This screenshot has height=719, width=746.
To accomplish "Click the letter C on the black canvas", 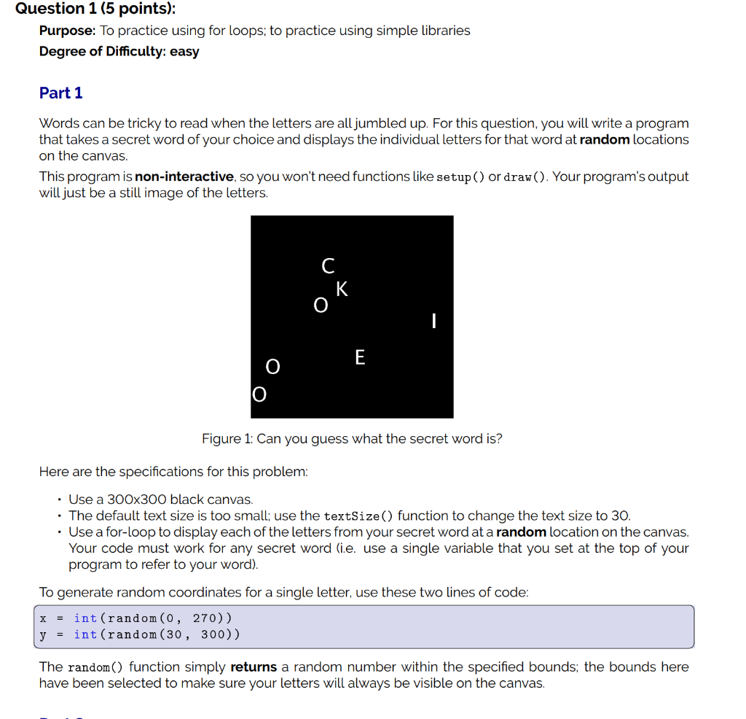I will pyautogui.click(x=328, y=265).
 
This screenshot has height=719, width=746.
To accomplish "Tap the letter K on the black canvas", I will pyautogui.click(x=342, y=289).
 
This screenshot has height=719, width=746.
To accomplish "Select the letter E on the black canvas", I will pyautogui.click(x=360, y=357).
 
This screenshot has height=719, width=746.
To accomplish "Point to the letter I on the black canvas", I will pyautogui.click(x=433, y=321).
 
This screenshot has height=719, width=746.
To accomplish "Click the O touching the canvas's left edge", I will pyautogui.click(x=259, y=395).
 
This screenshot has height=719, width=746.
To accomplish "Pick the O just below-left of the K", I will pyautogui.click(x=321, y=306).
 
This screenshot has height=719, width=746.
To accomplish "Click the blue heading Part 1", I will pyautogui.click(x=61, y=93).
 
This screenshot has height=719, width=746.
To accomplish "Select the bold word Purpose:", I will pyautogui.click(x=67, y=31).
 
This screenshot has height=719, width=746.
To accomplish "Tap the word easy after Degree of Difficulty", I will pyautogui.click(x=184, y=52).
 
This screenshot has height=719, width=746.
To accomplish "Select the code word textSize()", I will pyautogui.click(x=358, y=516).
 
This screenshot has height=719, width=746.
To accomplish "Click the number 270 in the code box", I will pyautogui.click(x=205, y=618).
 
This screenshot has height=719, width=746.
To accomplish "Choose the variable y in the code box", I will pyautogui.click(x=43, y=634).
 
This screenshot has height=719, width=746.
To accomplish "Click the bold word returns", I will pyautogui.click(x=254, y=667).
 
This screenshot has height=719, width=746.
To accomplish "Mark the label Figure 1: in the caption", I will pyautogui.click(x=221, y=439).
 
